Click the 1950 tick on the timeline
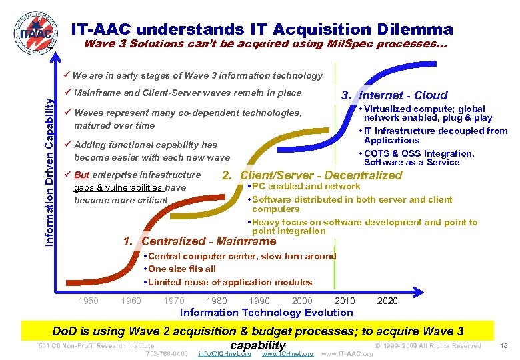tap(88, 301)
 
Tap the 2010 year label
tap(345, 301)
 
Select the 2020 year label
tap(387, 301)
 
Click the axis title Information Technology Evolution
tap(267, 313)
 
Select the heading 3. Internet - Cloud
tap(394, 95)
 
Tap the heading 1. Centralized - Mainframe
tap(199, 241)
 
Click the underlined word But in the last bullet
tap(82, 175)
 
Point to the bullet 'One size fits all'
tap(181, 269)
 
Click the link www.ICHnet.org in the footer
tap(287, 353)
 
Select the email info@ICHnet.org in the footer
tap(225, 353)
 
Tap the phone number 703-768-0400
tap(166, 353)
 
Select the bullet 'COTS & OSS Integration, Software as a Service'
tap(419, 158)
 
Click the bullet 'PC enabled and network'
tap(305, 187)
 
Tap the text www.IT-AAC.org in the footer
tap(347, 353)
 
